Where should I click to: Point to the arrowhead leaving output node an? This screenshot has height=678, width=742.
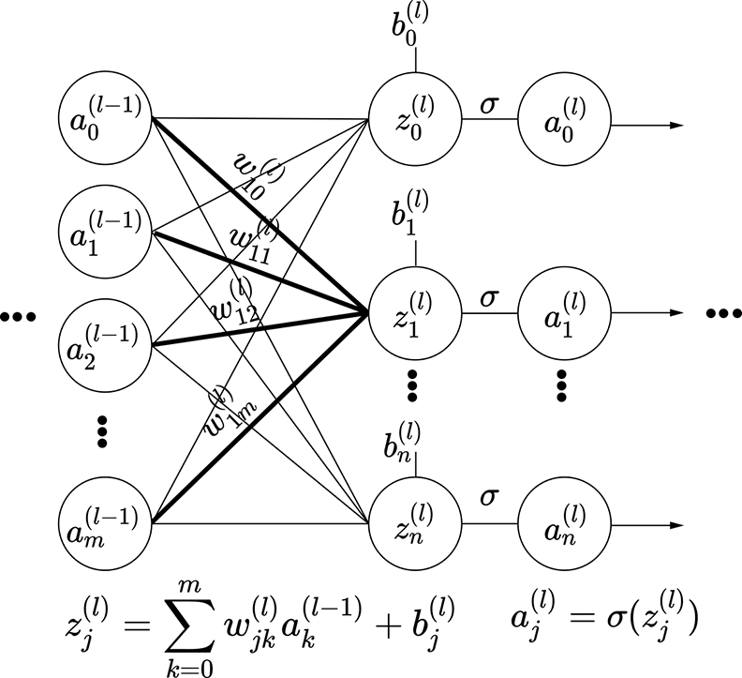[681, 521]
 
